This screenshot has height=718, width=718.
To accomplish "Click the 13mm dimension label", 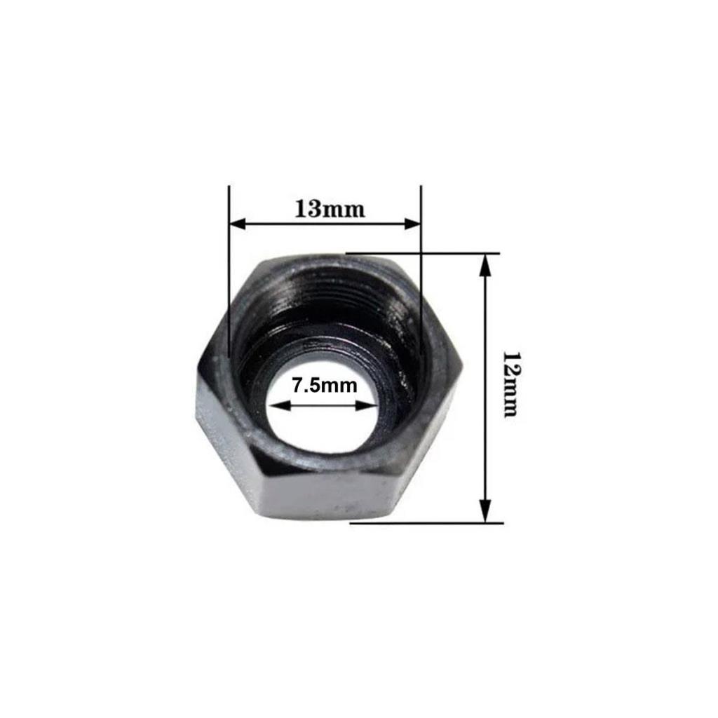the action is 330,209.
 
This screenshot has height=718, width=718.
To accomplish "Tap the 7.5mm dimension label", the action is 325,386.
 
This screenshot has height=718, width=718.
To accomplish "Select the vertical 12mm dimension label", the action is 510,385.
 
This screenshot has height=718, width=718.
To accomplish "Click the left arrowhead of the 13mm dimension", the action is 238,224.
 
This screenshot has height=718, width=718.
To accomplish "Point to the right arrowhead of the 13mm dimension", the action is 412,224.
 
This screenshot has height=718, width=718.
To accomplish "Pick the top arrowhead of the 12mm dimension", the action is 485,265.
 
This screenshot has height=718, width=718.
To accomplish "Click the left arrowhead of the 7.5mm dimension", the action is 279,405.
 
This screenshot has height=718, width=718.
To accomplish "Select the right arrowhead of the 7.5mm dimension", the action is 366,405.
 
